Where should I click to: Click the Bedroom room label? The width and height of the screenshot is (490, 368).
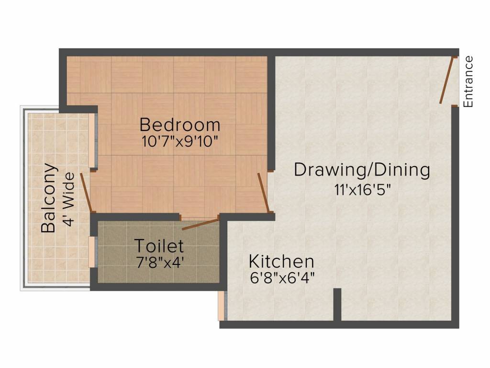tap(180, 125)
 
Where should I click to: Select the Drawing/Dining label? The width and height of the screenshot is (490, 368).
tap(362, 170)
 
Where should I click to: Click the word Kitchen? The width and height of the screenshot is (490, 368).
tap(281, 262)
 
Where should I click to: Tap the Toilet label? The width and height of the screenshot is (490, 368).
tap(158, 246)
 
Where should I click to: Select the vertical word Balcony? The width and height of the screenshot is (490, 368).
tap(49, 198)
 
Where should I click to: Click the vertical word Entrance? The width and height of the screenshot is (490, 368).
tap(468, 81)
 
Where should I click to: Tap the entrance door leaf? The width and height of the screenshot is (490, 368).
tap(446, 80)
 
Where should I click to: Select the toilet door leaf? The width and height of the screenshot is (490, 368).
tap(200, 223)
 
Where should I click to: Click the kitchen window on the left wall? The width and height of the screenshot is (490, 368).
tap(221, 305)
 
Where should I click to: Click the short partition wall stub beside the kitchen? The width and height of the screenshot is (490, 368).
tap(337, 304)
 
